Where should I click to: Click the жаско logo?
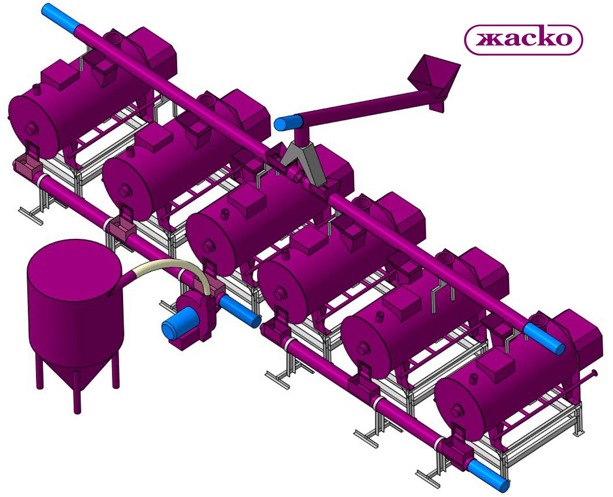(x=524, y=40)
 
